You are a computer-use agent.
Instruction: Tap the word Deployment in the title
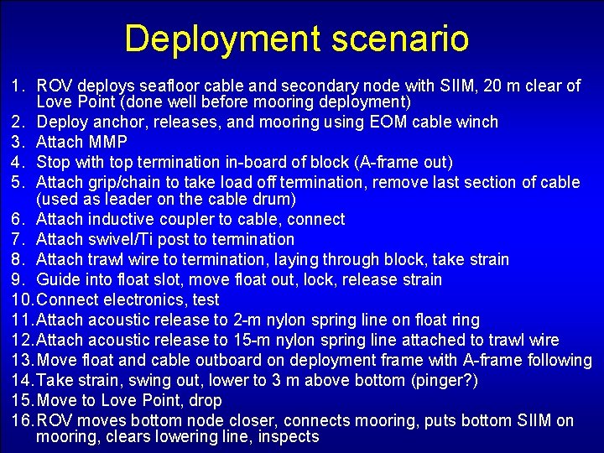[223, 39]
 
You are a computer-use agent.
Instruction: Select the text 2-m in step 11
[249, 320]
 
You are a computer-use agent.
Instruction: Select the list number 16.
[21, 421]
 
